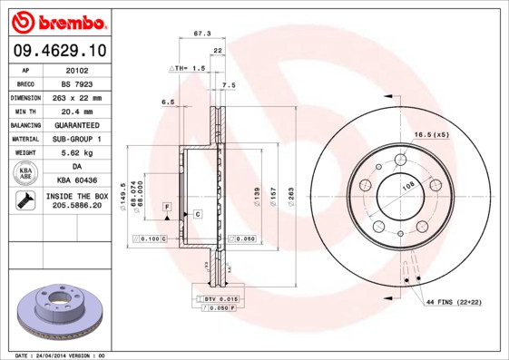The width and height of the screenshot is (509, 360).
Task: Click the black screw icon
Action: pyautogui.click(x=25, y=202)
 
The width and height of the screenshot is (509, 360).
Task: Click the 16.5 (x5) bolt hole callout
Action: pyautogui.click(x=432, y=134)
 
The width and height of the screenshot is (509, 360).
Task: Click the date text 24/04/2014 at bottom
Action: pyautogui.click(x=60, y=355)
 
